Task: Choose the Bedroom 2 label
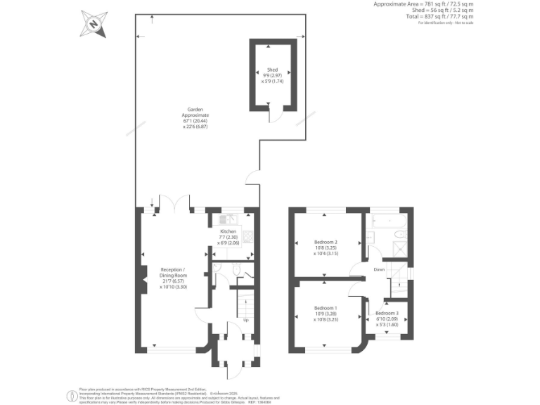point(326,247)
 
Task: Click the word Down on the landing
point(378,269)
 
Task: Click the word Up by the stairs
point(245,320)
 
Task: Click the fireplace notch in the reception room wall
point(143,273)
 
